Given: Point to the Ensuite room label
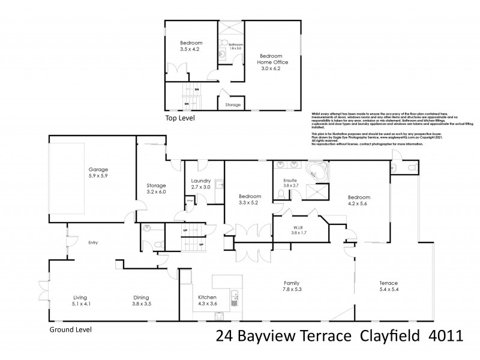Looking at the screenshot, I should (290, 179).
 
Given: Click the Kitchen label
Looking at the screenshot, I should (208, 297).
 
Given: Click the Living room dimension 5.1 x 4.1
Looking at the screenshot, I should (81, 304).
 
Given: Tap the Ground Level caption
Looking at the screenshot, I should (70, 329).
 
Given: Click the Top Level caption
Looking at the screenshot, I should (179, 118).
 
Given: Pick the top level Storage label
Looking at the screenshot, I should (233, 105).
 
